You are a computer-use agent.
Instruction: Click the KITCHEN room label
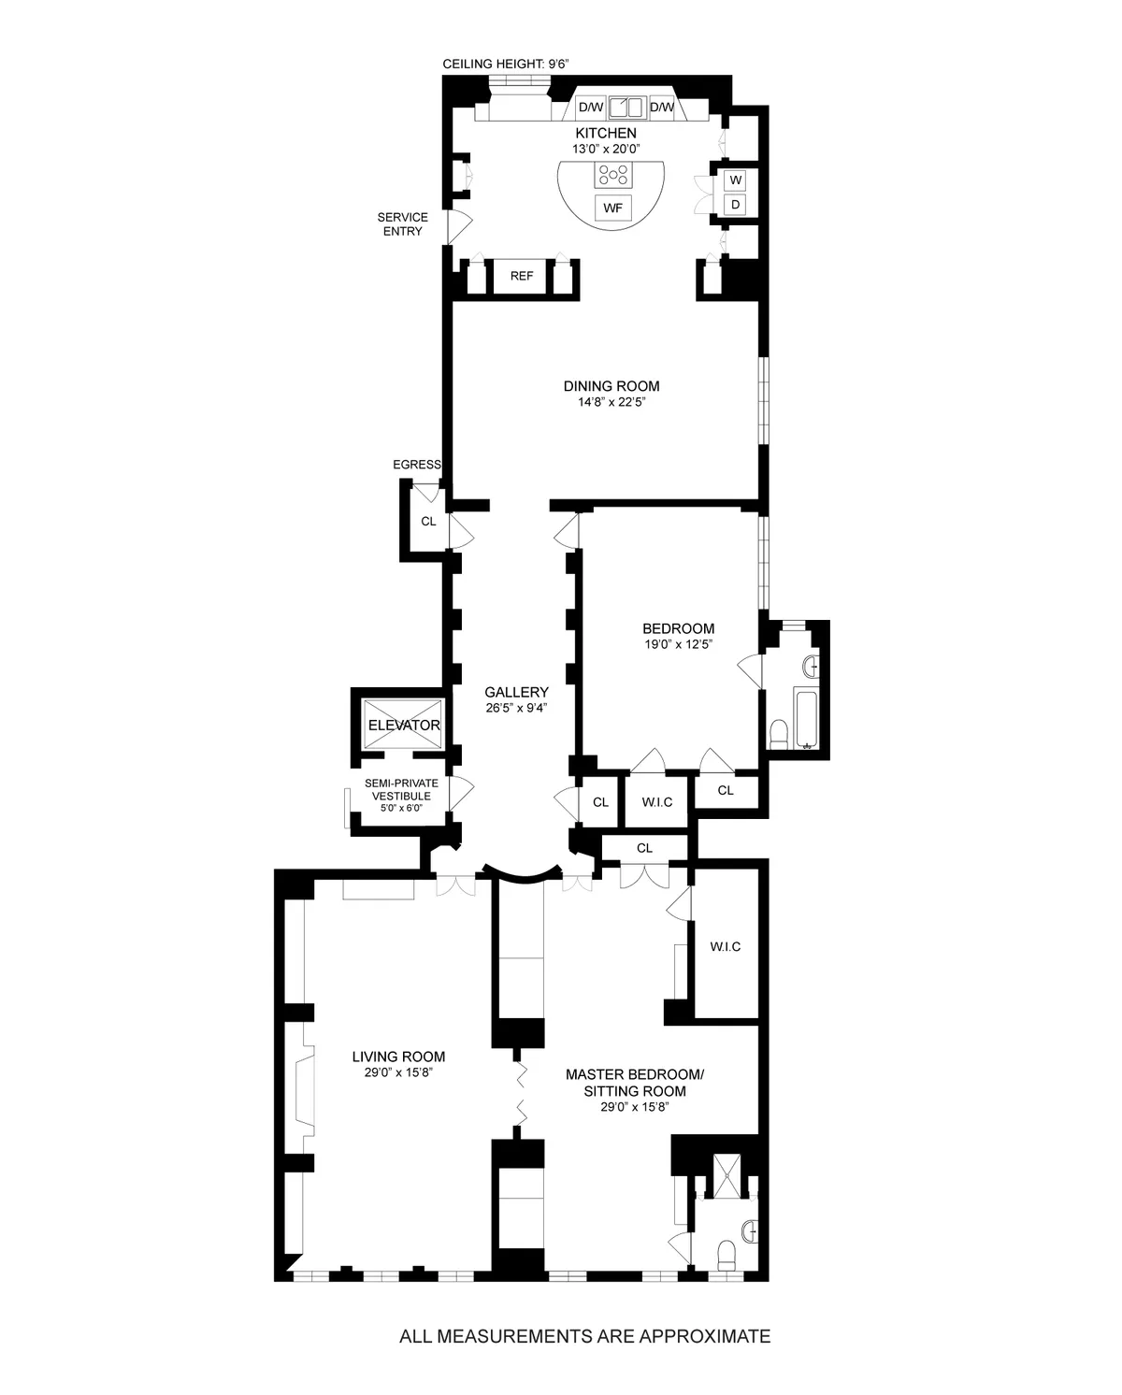pyautogui.click(x=605, y=134)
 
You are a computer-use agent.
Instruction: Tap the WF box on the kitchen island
pyautogui.click(x=612, y=208)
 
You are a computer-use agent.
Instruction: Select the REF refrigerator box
pyautogui.click(x=522, y=276)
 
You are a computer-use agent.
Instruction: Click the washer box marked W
pyautogui.click(x=736, y=180)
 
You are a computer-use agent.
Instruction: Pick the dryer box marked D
pyautogui.click(x=736, y=204)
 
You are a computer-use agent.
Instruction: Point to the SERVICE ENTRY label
pyautogui.click(x=402, y=224)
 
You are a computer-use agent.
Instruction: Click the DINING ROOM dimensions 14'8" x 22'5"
pyautogui.click(x=611, y=403)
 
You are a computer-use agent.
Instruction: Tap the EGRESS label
pyautogui.click(x=417, y=465)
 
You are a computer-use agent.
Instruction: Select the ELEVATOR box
pyautogui.click(x=403, y=725)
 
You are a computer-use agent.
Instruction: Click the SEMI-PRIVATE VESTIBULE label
pyautogui.click(x=401, y=795)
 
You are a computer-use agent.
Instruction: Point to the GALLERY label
pyautogui.click(x=516, y=692)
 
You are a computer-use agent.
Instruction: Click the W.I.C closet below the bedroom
pyautogui.click(x=656, y=802)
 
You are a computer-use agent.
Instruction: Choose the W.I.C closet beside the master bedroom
pyautogui.click(x=725, y=946)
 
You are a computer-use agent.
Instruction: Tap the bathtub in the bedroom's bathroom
pyautogui.click(x=806, y=717)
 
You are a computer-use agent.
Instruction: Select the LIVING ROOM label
pyautogui.click(x=398, y=1057)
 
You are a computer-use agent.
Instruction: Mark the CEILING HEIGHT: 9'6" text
pyautogui.click(x=506, y=64)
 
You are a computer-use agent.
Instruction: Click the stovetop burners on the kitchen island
pyautogui.click(x=612, y=174)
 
